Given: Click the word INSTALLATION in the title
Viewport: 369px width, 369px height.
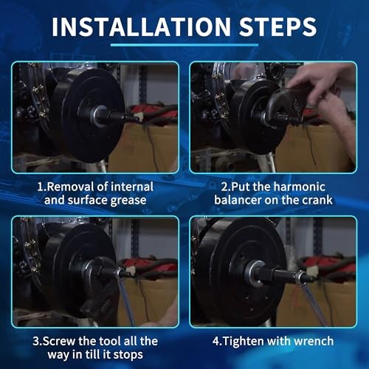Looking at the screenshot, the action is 141,27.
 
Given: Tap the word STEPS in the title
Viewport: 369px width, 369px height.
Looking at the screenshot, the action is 277,27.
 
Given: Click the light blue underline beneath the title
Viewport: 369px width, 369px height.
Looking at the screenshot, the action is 184,45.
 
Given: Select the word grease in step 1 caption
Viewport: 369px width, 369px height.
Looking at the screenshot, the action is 128,201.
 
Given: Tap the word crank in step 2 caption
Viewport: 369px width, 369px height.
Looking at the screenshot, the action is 317,200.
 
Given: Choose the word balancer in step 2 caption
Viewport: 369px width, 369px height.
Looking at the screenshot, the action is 238,200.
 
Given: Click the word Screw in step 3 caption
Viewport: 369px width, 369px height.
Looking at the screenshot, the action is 59,341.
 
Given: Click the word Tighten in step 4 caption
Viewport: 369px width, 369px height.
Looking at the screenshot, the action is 243,342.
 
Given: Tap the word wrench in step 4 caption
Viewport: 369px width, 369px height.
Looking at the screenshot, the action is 314,342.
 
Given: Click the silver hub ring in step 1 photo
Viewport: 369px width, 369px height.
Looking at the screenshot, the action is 94,116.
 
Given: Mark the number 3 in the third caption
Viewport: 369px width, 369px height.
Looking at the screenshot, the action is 36,342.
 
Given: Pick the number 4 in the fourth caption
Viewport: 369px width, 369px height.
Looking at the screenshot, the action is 216,342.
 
